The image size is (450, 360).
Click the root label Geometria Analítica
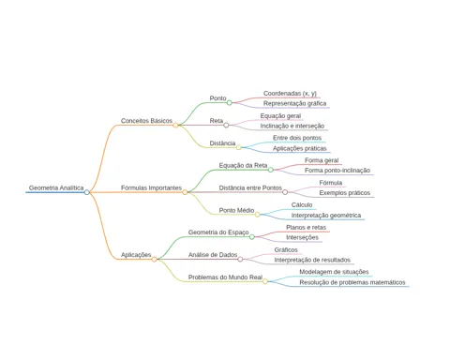[x=56, y=187]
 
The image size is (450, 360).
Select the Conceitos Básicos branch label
[x=146, y=121]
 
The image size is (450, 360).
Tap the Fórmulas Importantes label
[x=151, y=187]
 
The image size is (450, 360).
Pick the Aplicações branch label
[x=136, y=255]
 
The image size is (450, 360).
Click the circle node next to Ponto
[x=230, y=102]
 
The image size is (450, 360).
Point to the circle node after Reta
[x=226, y=125]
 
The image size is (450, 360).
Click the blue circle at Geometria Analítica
[x=87, y=192]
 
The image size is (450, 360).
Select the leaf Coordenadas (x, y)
[x=290, y=94]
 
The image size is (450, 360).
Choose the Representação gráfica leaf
[x=294, y=103]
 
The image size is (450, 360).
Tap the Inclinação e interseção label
[x=292, y=126]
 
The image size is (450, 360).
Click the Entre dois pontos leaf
[x=297, y=138]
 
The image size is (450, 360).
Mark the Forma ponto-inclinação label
[x=337, y=171]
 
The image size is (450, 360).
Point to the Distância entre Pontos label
[x=250, y=187]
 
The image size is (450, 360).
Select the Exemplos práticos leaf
[x=344, y=193]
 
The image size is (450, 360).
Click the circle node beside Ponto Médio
[x=257, y=215]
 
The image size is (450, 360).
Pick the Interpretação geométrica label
[x=326, y=216]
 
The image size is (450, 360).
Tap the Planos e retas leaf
[x=306, y=227]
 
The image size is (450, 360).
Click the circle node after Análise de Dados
[x=240, y=259]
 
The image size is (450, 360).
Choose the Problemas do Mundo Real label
[x=225, y=277]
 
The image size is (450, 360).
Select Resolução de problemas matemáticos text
[x=352, y=282]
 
